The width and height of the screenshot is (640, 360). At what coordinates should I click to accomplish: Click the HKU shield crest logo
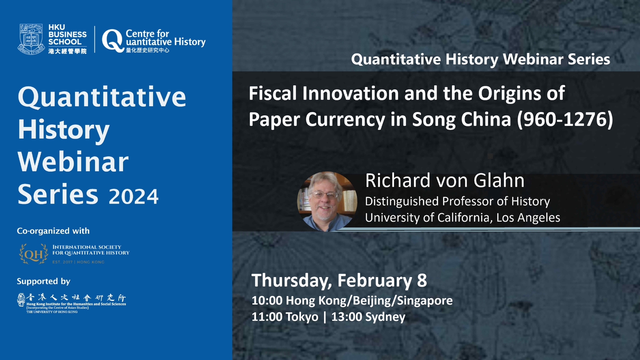[31, 39]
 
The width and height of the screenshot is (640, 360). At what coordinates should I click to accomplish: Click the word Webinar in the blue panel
[73, 162]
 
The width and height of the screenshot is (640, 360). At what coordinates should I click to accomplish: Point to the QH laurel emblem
[33, 254]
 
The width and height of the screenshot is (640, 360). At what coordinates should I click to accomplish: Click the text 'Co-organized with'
[53, 231]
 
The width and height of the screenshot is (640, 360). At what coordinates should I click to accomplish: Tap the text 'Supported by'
[44, 281]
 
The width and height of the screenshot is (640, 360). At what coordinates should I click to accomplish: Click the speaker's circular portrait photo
[327, 201]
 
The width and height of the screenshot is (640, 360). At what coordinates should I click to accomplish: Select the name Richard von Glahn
[445, 181]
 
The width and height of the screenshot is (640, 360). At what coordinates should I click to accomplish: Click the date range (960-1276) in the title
[565, 119]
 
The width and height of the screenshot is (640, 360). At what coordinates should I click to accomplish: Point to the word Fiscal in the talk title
[273, 93]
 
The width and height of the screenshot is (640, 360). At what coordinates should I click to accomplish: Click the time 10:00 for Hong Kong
[267, 301]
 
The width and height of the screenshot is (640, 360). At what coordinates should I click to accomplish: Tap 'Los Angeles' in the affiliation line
[528, 218]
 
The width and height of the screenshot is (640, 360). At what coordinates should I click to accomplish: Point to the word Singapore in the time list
[425, 301]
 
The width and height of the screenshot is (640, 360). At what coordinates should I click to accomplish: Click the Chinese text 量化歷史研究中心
[147, 50]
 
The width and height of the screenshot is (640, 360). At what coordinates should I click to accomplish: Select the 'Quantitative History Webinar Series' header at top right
[481, 59]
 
